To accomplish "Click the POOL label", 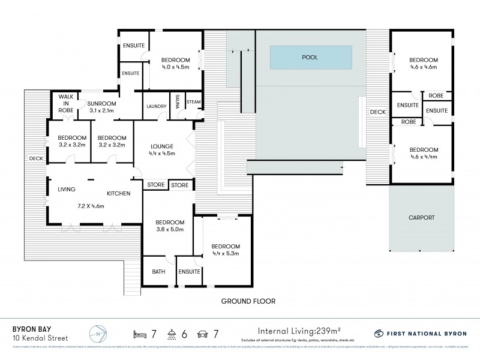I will (310, 58).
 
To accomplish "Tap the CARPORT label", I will (421, 218).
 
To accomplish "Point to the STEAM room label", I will (193, 102).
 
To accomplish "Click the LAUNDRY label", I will (156, 107).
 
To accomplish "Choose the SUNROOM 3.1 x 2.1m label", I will (100, 106).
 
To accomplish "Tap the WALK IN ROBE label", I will (64, 104).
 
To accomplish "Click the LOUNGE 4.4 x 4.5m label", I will (161, 149).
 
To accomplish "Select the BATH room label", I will (158, 272).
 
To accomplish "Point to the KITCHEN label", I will (119, 193).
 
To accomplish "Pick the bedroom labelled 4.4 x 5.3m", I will (226, 250).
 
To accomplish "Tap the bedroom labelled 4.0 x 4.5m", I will (175, 63).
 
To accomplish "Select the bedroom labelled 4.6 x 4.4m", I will (424, 153).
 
